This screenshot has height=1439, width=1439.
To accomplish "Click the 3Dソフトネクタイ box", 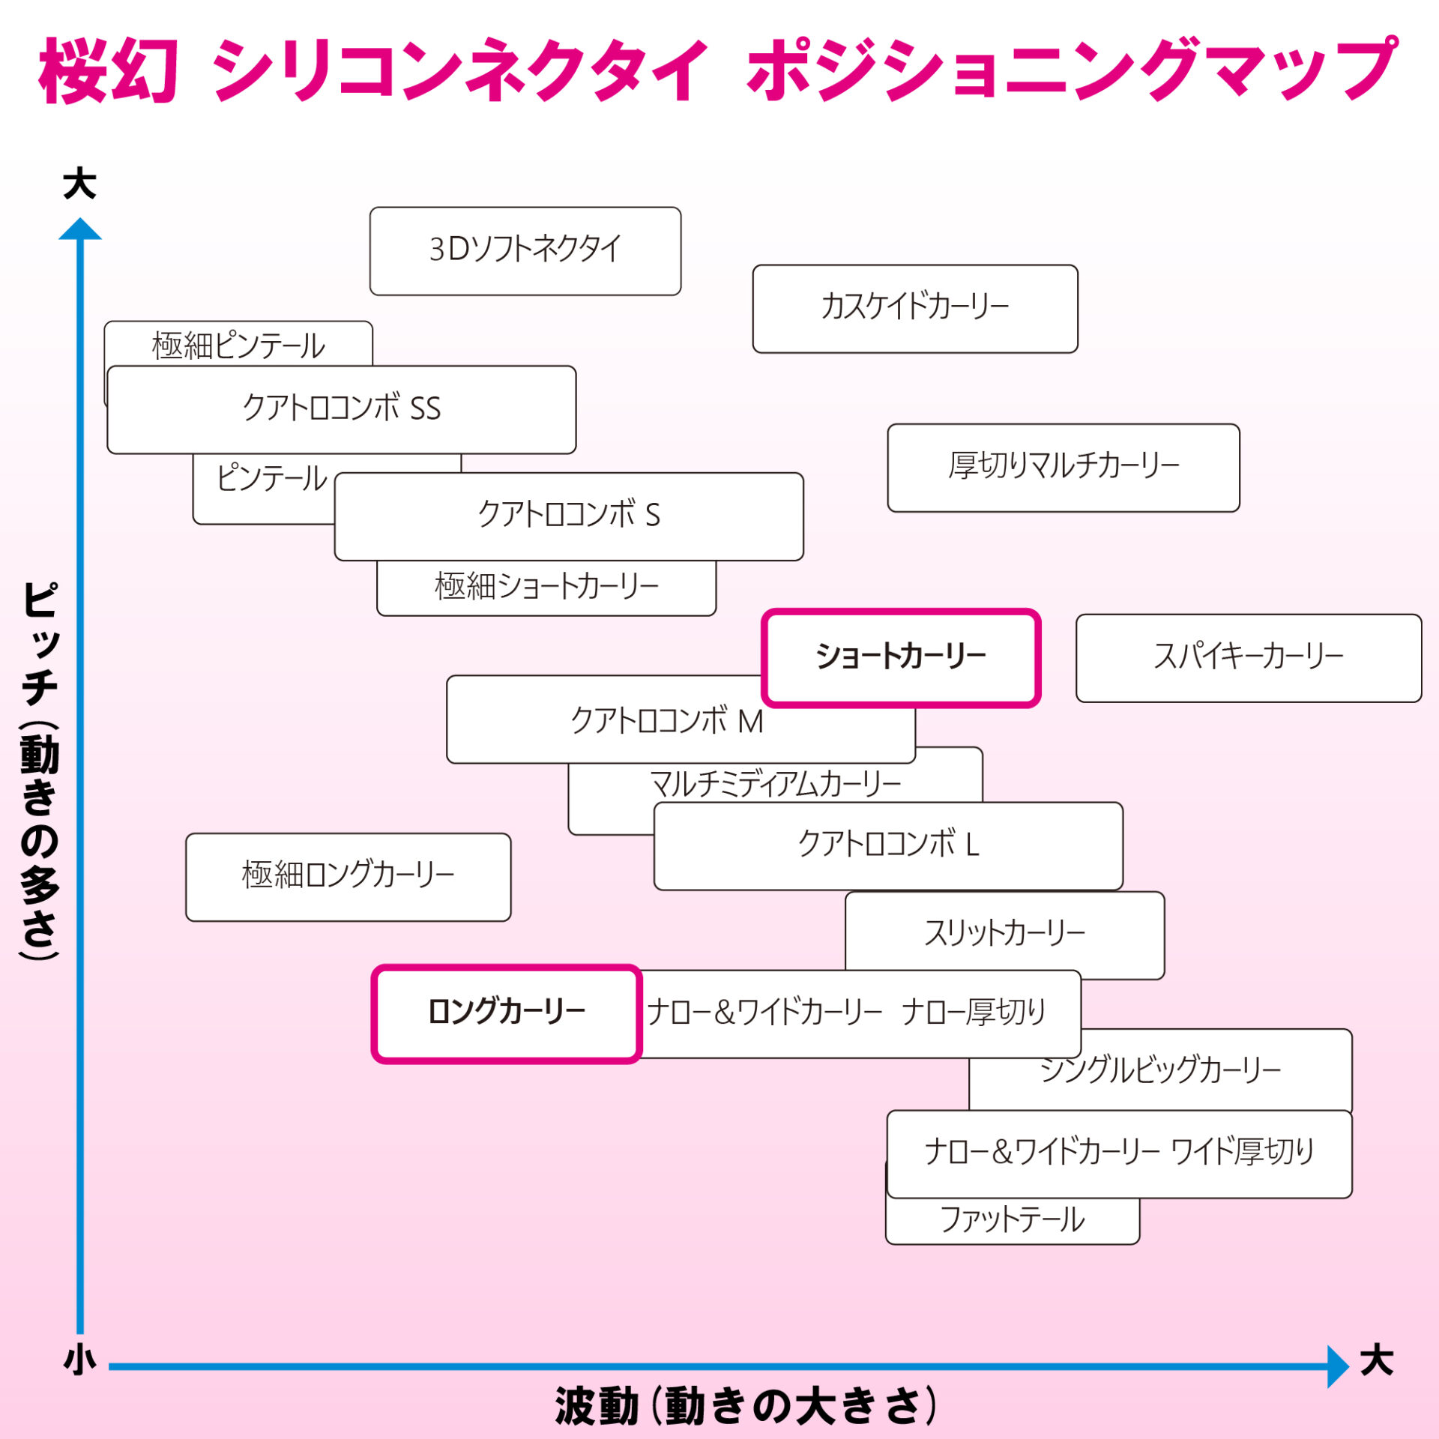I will click(525, 250).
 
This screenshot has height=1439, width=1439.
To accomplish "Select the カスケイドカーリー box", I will click(914, 308).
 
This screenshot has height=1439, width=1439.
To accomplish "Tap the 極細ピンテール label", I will click(238, 346).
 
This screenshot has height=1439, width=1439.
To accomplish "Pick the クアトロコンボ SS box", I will click(342, 409).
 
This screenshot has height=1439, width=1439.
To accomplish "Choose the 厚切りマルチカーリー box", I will click(1064, 468).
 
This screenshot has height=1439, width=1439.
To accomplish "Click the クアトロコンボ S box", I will click(569, 516).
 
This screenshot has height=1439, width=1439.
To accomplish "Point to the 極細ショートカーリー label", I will click(546, 587).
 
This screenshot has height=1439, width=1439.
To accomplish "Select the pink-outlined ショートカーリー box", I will click(901, 657).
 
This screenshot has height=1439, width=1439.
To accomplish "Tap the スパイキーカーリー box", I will click(1249, 657).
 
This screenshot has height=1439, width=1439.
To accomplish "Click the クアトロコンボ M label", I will click(667, 721).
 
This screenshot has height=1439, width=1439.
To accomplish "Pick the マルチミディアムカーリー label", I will click(775, 784).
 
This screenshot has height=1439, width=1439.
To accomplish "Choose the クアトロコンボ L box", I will click(888, 845).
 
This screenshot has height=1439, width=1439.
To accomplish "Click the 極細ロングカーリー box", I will click(348, 876).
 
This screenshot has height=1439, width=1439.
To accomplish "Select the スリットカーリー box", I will click(1004, 933).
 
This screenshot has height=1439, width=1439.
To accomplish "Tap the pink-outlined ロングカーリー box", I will click(507, 1013).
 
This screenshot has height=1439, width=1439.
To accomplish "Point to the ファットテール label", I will click(1012, 1220).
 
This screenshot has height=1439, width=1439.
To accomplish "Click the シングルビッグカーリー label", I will click(1160, 1070).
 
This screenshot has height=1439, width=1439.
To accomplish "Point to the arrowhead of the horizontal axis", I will click(1337, 1366).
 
